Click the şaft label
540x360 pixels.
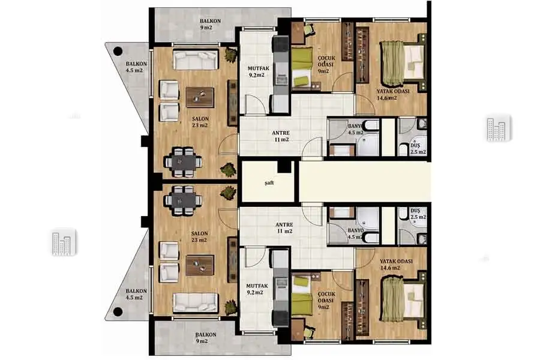click(269, 183)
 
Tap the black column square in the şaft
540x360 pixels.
click(284, 166)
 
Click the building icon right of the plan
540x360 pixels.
click(499, 128)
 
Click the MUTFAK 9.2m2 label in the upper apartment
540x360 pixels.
click(258, 71)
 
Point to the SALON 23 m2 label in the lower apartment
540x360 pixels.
click(199, 236)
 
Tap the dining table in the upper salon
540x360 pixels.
click(182, 161)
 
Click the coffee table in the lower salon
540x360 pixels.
click(200, 265)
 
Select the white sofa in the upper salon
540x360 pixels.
click(196, 60)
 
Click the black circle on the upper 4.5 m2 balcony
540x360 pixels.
click(118, 52)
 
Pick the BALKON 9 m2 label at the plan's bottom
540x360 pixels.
click(206, 338)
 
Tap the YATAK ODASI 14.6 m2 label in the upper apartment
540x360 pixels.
click(392, 95)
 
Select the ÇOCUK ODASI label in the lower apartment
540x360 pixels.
click(326, 298)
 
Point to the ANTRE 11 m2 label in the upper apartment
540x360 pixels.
click(281, 136)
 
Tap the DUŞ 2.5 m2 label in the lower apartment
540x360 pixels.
click(418, 214)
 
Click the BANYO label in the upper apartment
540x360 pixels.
click(355, 127)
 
